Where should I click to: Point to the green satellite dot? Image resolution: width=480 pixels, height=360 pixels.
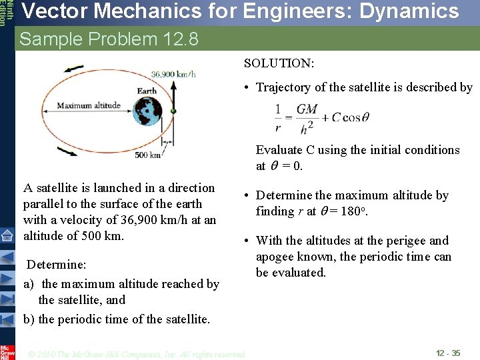(173, 110)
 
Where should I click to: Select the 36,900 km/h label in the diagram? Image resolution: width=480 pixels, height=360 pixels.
(173, 74)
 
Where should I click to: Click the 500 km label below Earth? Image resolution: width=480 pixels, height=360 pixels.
(147, 155)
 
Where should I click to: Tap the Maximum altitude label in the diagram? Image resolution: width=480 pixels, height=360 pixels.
(89, 105)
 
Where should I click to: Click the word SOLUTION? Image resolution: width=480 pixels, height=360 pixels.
(279, 63)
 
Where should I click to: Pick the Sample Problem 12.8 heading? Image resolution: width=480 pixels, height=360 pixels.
(109, 39)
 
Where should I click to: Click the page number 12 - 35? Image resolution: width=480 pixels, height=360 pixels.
(447, 353)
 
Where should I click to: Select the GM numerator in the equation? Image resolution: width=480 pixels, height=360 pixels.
(307, 109)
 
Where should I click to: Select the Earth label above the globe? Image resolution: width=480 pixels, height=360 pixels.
(147, 91)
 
